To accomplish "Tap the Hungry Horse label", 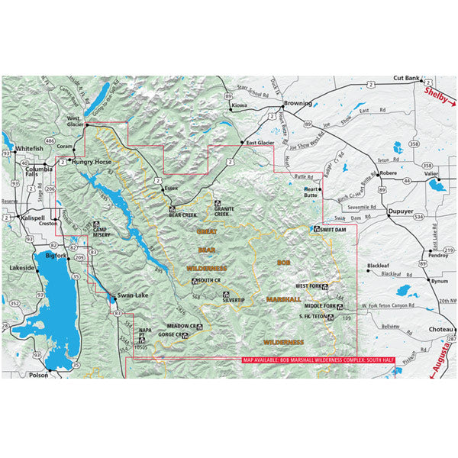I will click(x=94, y=162).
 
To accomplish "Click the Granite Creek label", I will click(x=222, y=211).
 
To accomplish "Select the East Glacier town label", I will click(x=260, y=142).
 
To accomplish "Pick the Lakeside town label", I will click(x=21, y=268).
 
